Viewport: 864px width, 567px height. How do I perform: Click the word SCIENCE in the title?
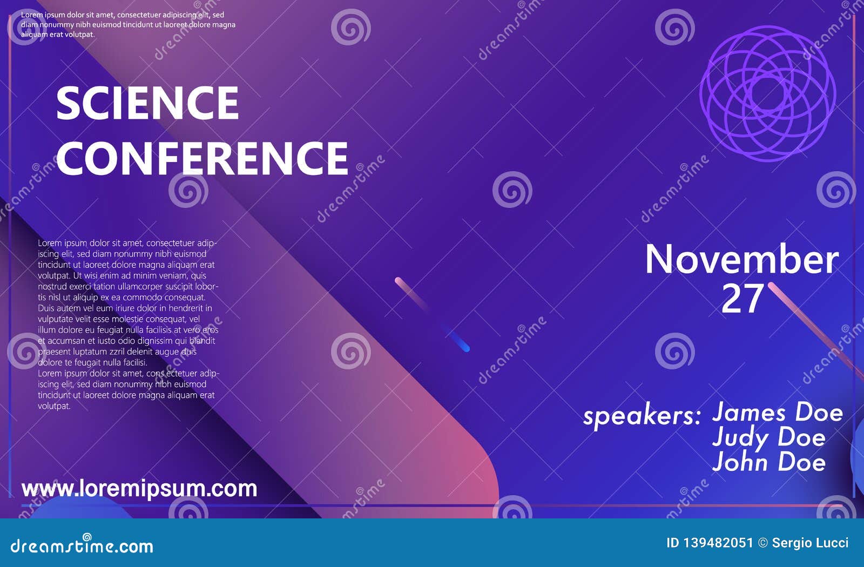[x=147, y=103]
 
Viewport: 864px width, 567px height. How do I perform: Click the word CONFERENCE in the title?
[x=202, y=158]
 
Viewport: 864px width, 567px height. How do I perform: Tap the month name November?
[x=742, y=260]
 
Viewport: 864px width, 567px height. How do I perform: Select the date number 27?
[x=742, y=299]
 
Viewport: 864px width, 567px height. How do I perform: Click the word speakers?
[x=642, y=416]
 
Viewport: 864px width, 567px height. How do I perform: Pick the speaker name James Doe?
[x=777, y=413]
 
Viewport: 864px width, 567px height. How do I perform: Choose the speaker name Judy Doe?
[x=768, y=437]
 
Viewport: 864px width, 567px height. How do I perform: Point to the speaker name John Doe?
[x=768, y=462]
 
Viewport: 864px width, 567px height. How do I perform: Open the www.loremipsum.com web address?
[x=139, y=488]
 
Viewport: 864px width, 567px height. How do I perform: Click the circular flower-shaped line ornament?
[x=767, y=94]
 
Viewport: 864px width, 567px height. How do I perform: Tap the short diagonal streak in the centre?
[x=432, y=314]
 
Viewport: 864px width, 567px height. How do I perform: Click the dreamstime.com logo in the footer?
[x=82, y=545]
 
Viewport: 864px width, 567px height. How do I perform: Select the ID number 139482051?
[x=719, y=543]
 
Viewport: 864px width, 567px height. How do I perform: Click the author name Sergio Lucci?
[x=810, y=543]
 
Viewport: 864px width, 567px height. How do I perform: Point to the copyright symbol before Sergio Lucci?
[x=762, y=543]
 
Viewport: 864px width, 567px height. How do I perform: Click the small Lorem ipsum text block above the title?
[x=128, y=24]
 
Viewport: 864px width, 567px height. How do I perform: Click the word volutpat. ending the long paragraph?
[x=54, y=406]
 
